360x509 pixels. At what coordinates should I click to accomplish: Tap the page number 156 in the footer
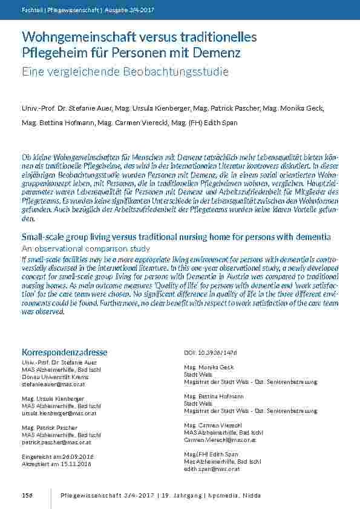[x=27, y=495]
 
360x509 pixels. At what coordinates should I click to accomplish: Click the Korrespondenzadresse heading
[x=64, y=352]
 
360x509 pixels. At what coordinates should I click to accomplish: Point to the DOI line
[x=211, y=352]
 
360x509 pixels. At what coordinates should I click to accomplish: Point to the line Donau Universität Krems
[x=51, y=376]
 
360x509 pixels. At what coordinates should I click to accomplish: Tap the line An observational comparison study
[x=85, y=248]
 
